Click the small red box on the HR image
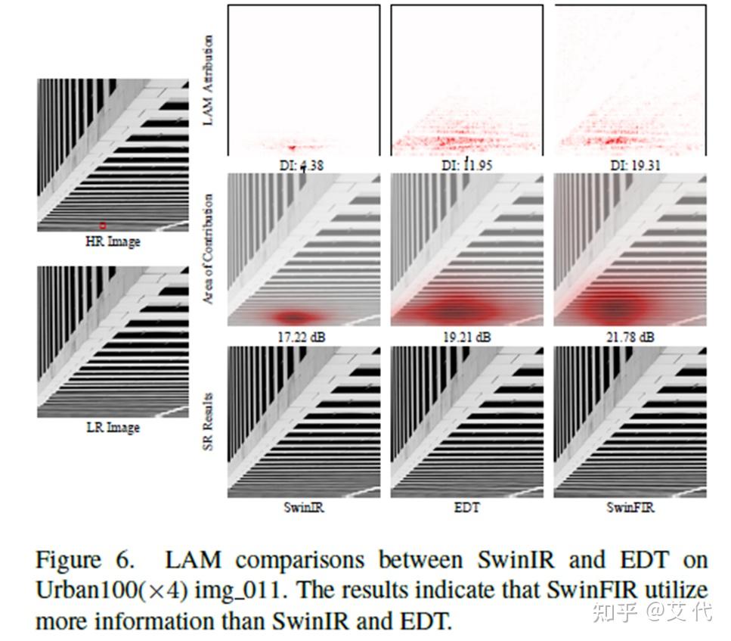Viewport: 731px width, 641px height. pyautogui.click(x=103, y=226)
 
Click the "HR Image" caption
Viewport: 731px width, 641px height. pyautogui.click(x=113, y=242)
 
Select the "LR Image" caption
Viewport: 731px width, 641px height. pyautogui.click(x=113, y=428)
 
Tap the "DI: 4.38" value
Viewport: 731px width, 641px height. pyautogui.click(x=302, y=164)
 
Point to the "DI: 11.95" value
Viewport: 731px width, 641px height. pyautogui.click(x=466, y=164)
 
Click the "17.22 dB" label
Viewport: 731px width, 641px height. pyautogui.click(x=302, y=336)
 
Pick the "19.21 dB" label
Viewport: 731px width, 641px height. pyautogui.click(x=466, y=336)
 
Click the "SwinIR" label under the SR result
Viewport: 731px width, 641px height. pyautogui.click(x=303, y=508)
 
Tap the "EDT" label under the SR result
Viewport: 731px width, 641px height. pyautogui.click(x=466, y=508)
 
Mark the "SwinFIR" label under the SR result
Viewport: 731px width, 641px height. pyautogui.click(x=630, y=508)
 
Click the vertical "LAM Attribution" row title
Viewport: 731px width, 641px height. pyautogui.click(x=209, y=80)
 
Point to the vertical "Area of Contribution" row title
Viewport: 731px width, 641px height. pyautogui.click(x=209, y=249)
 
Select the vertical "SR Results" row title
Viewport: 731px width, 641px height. pyautogui.click(x=209, y=422)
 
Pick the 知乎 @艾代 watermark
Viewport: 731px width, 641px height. pyautogui.click(x=652, y=611)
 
